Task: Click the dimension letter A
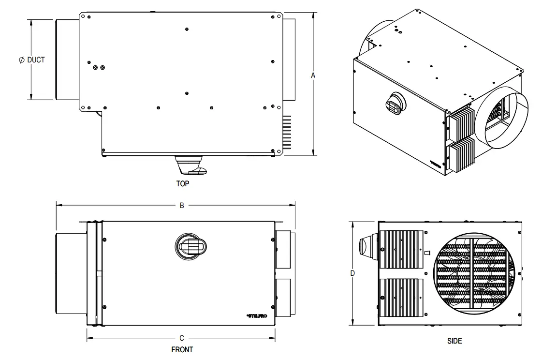tap(313, 75)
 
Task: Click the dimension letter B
tap(182, 205)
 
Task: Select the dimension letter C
tap(181, 338)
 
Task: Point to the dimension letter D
tap(352, 273)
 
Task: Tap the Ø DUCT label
tap(31, 60)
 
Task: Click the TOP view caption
tap(183, 184)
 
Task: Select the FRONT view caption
tap(182, 349)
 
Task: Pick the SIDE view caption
tap(454, 341)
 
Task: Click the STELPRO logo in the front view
tap(256, 316)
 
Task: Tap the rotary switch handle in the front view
tap(192, 245)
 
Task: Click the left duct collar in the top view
tap(67, 60)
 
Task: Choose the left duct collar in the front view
tap(71, 273)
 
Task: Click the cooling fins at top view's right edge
tap(288, 132)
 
